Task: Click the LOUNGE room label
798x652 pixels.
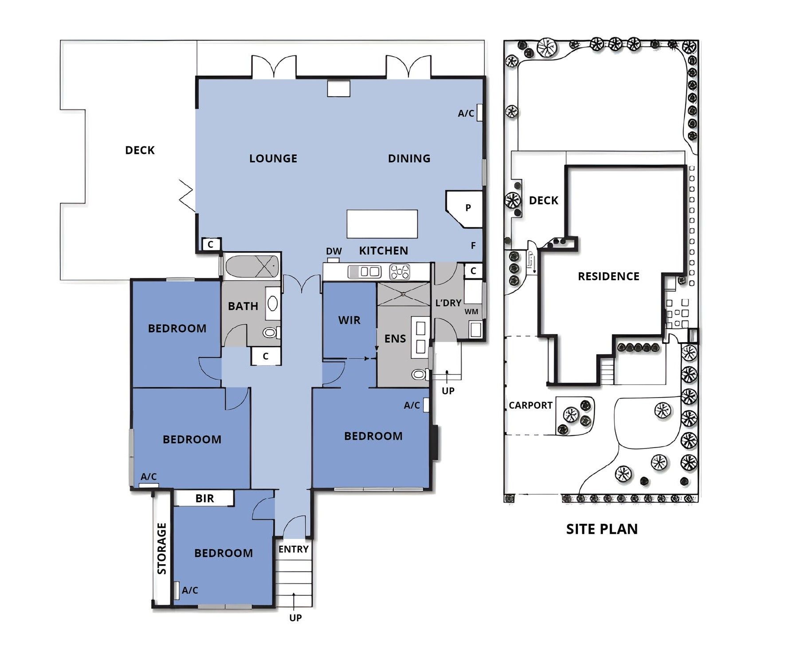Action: (273, 158)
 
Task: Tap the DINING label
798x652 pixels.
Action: (409, 158)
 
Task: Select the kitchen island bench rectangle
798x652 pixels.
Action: (382, 224)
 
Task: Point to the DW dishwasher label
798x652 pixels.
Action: (334, 251)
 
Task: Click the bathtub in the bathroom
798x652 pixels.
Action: (252, 266)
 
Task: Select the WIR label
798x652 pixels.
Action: (349, 320)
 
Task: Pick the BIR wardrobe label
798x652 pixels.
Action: (204, 498)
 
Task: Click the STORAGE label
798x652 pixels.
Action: (162, 548)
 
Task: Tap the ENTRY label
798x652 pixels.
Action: (293, 549)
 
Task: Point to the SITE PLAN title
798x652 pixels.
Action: (601, 529)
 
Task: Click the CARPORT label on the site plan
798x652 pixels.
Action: (531, 405)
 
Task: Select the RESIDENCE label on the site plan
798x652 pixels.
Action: (608, 277)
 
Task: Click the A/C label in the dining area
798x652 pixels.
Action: (466, 113)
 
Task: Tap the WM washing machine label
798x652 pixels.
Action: (472, 312)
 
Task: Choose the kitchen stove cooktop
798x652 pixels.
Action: (400, 272)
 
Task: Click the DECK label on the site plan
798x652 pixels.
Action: (543, 200)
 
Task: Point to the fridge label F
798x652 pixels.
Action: (473, 246)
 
